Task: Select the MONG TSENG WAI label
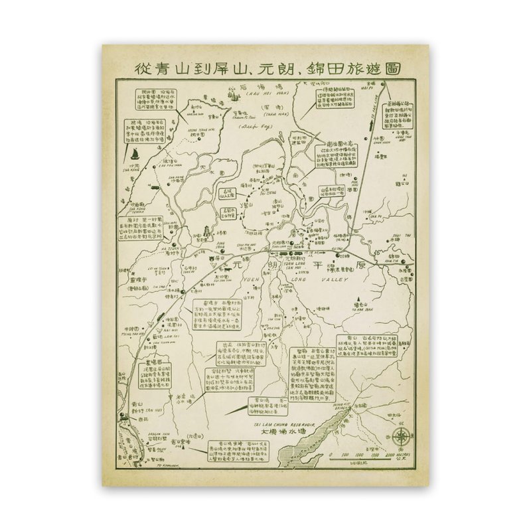point(190,130)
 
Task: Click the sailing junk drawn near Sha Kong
point(133,155)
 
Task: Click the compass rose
point(402,436)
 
